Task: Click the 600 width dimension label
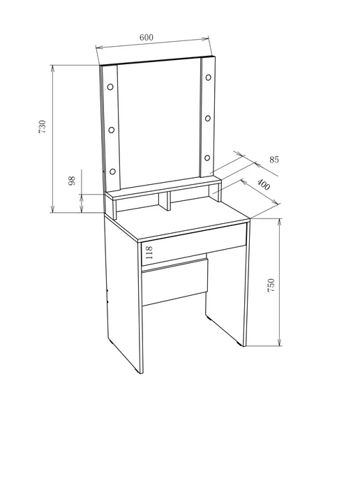point(147,38)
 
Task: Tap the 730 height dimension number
point(42,126)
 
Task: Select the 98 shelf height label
point(72,181)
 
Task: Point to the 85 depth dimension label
point(274,160)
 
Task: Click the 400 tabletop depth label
point(263,185)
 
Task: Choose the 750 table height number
point(271,285)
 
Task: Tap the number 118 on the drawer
point(149,253)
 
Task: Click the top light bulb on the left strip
point(110,87)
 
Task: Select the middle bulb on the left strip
point(112,130)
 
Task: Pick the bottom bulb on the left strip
point(112,171)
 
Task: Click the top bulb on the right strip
point(209,77)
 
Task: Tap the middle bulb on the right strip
point(208,118)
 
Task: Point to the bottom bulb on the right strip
point(207,158)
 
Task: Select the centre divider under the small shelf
point(165,201)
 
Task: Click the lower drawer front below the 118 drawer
point(174,283)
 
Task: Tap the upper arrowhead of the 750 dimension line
point(279,223)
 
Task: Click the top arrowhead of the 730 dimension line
point(52,68)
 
